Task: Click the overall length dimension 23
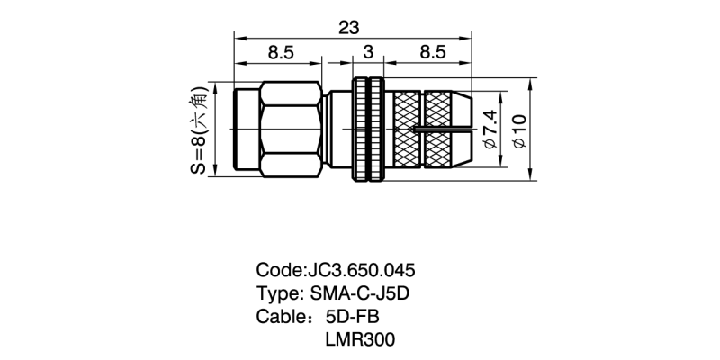pyautogui.click(x=348, y=28)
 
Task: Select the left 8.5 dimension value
pyautogui.click(x=281, y=52)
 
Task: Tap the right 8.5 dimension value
pyautogui.click(x=433, y=52)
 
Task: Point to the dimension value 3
pyautogui.click(x=368, y=52)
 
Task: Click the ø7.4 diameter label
pyautogui.click(x=490, y=129)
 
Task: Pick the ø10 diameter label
pyautogui.click(x=519, y=130)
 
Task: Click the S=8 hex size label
pyautogui.click(x=199, y=130)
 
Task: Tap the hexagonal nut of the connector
pyautogui.click(x=290, y=129)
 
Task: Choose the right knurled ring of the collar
pyautogui.click(x=376, y=129)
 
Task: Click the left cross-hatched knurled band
pyautogui.click(x=407, y=129)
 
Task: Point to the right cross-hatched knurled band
pyautogui.click(x=438, y=129)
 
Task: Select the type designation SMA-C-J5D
pyautogui.click(x=359, y=293)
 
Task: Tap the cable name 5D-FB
pyautogui.click(x=352, y=317)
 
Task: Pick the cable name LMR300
pyautogui.click(x=360, y=340)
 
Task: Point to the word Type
pyautogui.click(x=279, y=294)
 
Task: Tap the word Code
pyautogui.click(x=281, y=270)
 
